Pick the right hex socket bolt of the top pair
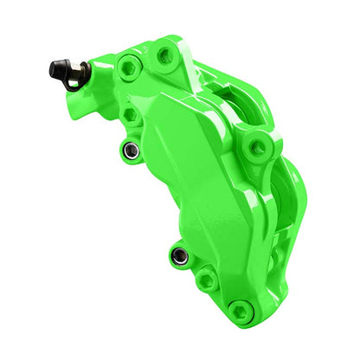pyautogui.click(x=164, y=55)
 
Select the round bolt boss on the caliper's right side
pyautogui.click(x=257, y=146)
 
